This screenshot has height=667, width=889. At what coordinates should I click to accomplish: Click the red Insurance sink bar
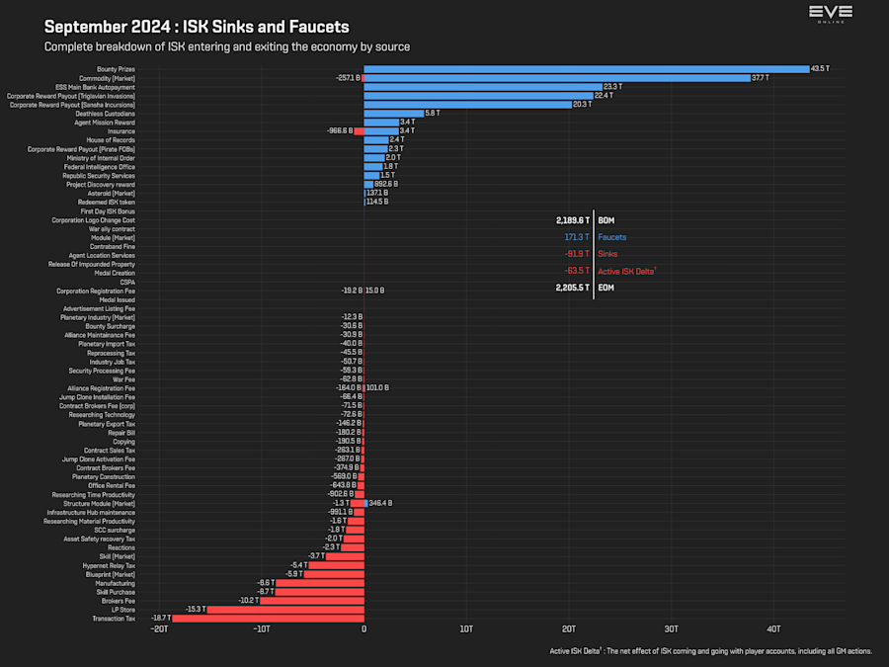pyautogui.click(x=360, y=130)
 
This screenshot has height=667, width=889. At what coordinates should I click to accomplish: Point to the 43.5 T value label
pyautogui.click(x=820, y=69)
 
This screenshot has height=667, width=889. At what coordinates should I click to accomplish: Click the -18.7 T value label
pyautogui.click(x=160, y=619)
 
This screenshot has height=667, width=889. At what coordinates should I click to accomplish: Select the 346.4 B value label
pyautogui.click(x=380, y=503)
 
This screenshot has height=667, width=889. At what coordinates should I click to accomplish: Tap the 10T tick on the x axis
pyautogui.click(x=466, y=629)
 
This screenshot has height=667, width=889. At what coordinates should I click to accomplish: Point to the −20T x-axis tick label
pyautogui.click(x=159, y=629)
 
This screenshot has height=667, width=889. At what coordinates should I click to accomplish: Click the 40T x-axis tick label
pyautogui.click(x=773, y=629)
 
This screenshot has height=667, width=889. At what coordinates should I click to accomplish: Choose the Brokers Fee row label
pyautogui.click(x=118, y=601)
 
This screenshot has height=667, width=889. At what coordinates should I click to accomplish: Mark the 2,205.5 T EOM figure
pyautogui.click(x=573, y=289)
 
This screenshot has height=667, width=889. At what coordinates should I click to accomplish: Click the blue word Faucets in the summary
pyautogui.click(x=611, y=237)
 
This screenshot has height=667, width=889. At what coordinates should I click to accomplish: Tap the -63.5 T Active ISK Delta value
pyautogui.click(x=577, y=271)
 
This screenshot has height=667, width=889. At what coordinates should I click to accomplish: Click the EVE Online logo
pyautogui.click(x=830, y=16)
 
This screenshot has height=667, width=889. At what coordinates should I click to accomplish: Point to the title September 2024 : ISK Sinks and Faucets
pyautogui.click(x=197, y=26)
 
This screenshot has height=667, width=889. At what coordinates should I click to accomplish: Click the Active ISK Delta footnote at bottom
pyautogui.click(x=710, y=651)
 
